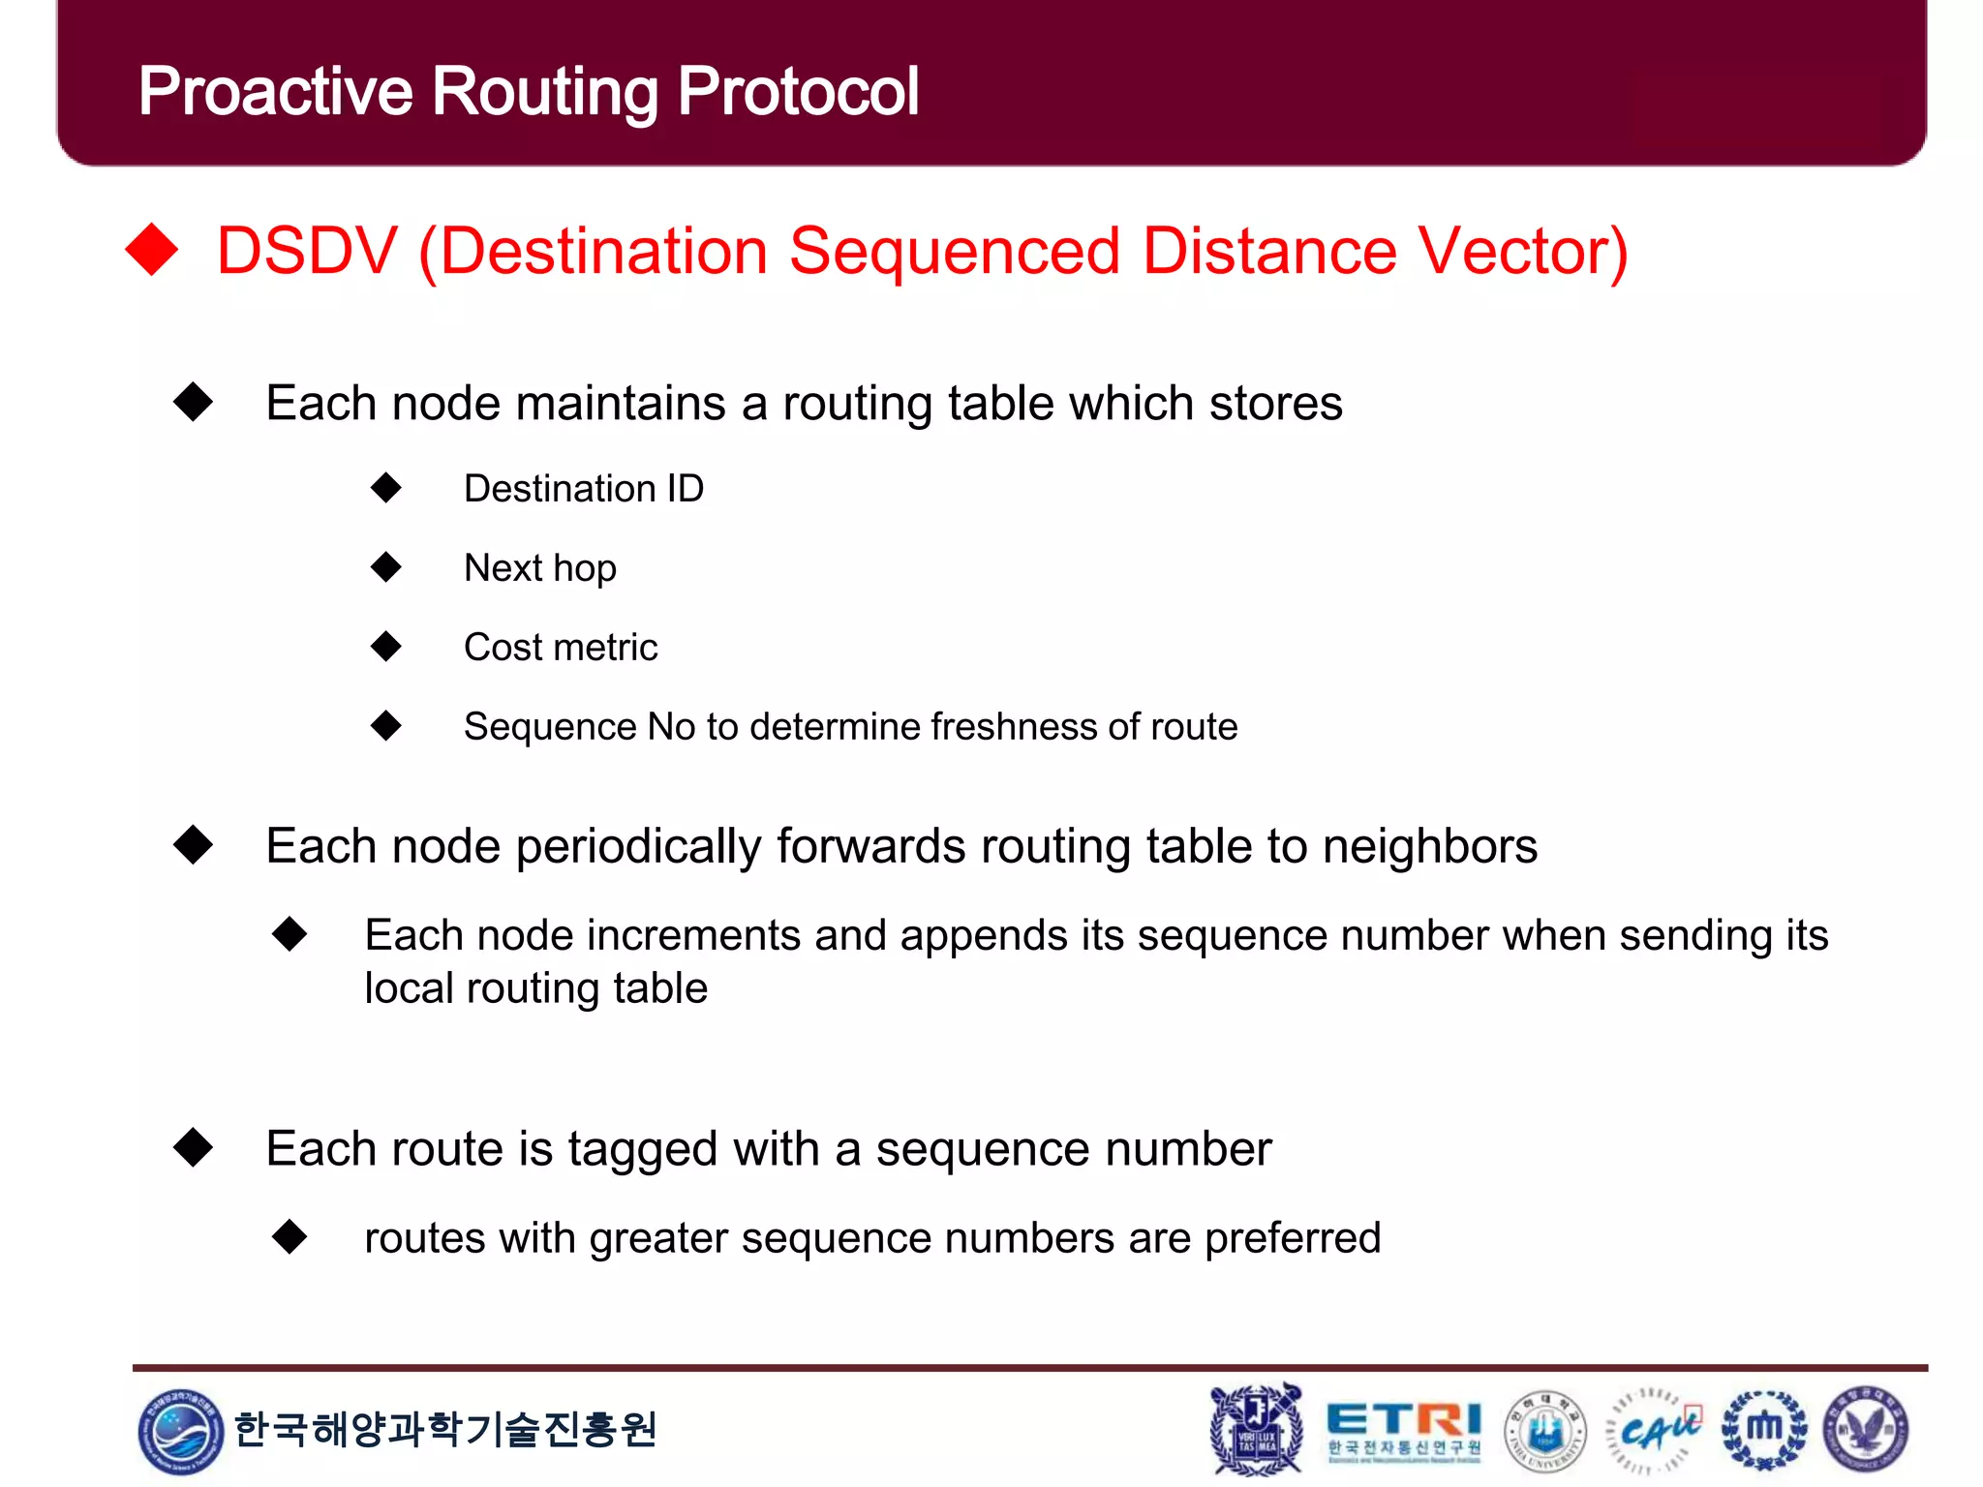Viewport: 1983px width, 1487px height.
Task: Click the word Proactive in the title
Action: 276,92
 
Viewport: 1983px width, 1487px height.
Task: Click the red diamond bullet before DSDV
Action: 153,250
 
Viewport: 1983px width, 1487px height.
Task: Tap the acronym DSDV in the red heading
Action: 307,251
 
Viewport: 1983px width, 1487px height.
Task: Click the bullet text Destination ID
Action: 584,489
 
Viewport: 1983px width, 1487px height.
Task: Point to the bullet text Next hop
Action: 539,568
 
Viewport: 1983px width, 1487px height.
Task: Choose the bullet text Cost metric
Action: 561,648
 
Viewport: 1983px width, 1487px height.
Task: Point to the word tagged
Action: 642,1150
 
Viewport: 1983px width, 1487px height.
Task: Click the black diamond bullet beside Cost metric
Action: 386,646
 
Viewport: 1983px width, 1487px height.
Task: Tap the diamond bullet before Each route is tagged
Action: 194,1148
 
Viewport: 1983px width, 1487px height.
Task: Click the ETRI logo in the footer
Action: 1403,1429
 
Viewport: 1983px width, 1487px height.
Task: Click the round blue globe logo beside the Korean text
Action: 180,1430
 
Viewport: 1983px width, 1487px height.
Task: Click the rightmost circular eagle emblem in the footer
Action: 1866,1429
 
